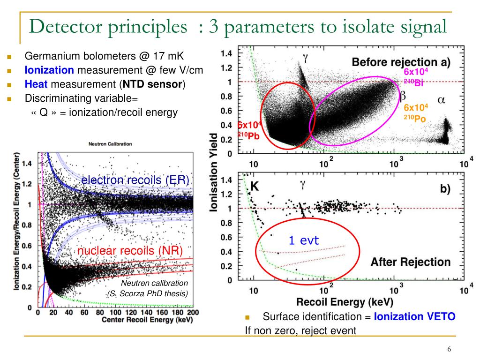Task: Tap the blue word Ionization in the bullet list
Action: pyautogui.click(x=49, y=70)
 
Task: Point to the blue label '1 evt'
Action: pyautogui.click(x=303, y=241)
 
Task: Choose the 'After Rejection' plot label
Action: pyautogui.click(x=410, y=262)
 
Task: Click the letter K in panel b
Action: pyautogui.click(x=255, y=186)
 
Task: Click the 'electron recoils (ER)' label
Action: pyautogui.click(x=135, y=180)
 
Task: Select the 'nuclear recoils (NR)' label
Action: pyautogui.click(x=130, y=251)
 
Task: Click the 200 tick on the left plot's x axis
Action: pyautogui.click(x=192, y=312)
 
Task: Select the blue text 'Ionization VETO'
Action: pyautogui.click(x=414, y=316)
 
